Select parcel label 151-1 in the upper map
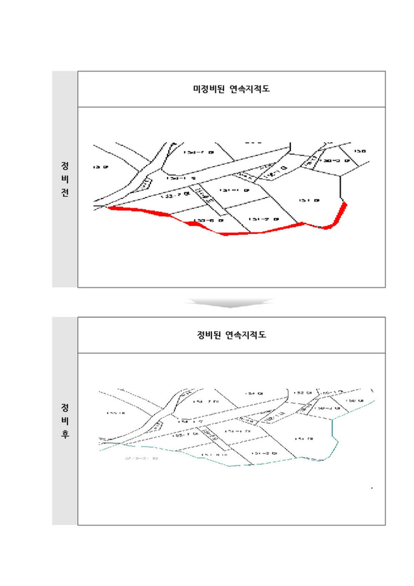point(231,190)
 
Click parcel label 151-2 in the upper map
point(263,220)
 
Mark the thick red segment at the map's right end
point(342,213)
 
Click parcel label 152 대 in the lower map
point(303,393)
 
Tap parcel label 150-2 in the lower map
point(329,408)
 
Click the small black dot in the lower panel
point(371,488)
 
